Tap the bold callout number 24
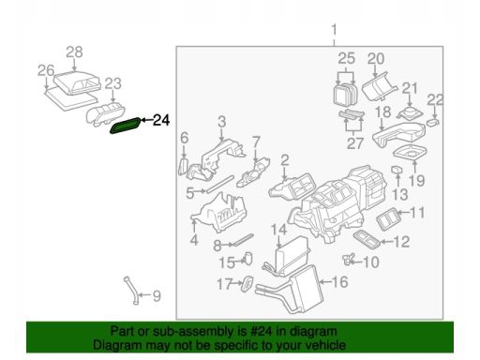161,120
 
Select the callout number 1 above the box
334,31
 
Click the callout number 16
339,282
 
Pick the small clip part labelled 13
397,170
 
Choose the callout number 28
74,52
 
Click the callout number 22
435,100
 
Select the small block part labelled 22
433,122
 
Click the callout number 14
278,230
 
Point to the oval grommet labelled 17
247,284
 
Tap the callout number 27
355,143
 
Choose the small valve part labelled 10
348,259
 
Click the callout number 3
222,122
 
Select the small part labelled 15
248,258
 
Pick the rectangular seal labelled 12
367,239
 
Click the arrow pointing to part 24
146,120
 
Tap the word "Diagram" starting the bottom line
117,345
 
